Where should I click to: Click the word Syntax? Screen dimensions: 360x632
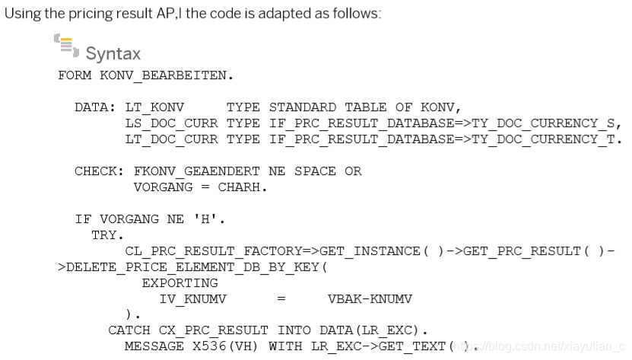113,53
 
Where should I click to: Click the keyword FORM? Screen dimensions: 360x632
75,76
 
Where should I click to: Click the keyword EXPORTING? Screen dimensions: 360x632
179,283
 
